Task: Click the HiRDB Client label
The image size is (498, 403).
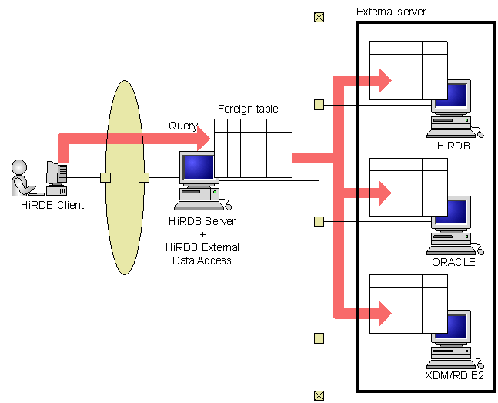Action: [52, 205]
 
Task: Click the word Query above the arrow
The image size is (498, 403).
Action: [183, 126]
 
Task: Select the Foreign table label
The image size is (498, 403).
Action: [248, 109]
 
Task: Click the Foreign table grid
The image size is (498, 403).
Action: [253, 149]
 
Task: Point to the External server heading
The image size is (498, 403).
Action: [391, 12]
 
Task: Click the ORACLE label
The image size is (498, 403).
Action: [453, 261]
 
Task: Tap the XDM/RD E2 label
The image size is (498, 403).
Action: [454, 375]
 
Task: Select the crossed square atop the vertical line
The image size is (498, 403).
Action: [319, 17]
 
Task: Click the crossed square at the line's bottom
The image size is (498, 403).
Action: [319, 395]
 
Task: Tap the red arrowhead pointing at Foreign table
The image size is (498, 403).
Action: [202, 139]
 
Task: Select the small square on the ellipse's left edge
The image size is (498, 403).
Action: [105, 178]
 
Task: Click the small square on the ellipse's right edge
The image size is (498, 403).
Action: [143, 178]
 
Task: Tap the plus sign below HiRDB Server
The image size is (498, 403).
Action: [202, 234]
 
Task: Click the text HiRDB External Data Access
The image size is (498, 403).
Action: [202, 254]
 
